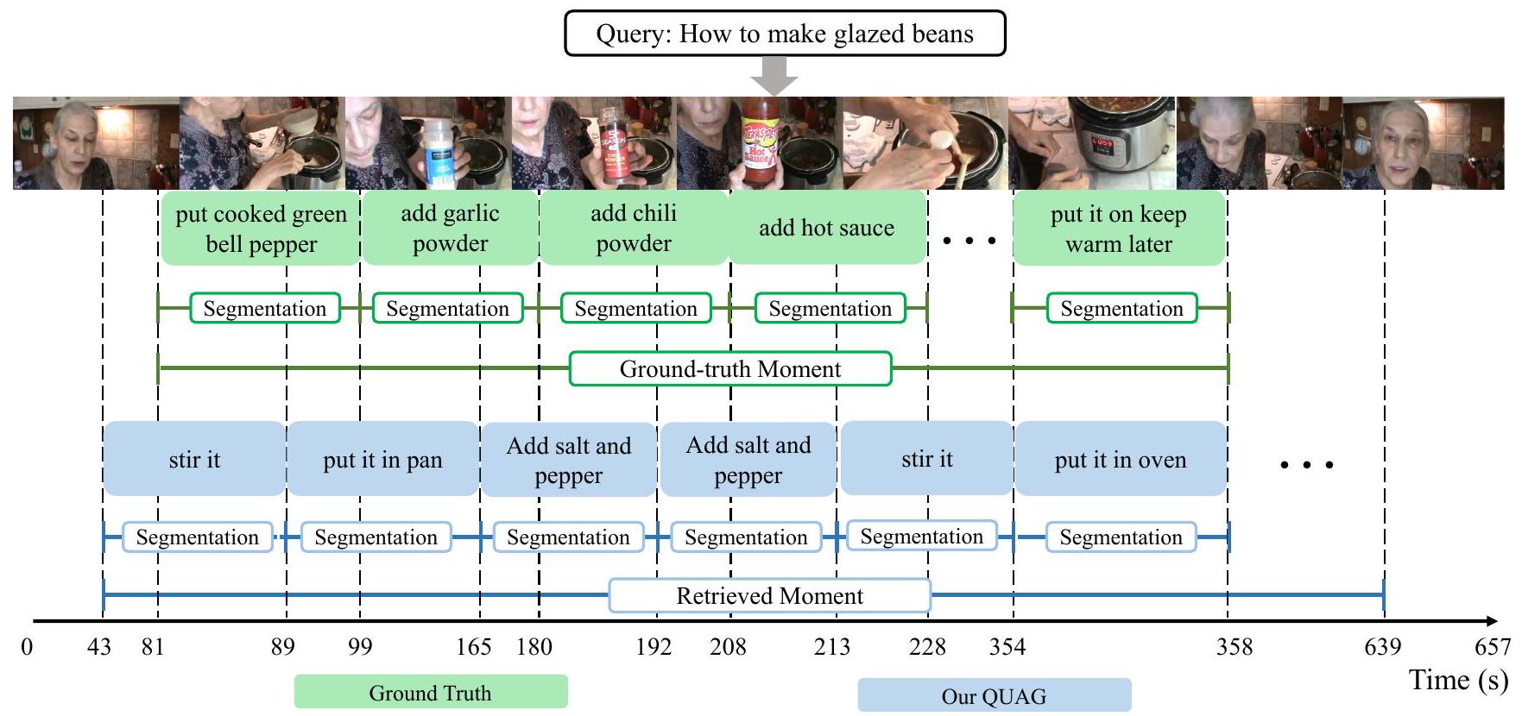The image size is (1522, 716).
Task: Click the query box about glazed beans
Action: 785,34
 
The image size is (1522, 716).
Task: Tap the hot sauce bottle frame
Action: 760,143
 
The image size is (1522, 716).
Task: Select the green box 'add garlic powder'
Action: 450,229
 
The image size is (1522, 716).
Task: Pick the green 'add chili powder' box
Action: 633,229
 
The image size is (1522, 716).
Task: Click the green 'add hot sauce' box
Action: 826,229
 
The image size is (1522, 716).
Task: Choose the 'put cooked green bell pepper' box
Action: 261,229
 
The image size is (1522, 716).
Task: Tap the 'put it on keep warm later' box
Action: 1118,229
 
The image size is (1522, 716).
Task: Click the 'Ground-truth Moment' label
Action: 730,369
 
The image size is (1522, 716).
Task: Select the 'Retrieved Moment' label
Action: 769,596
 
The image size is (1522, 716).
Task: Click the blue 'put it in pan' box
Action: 382,460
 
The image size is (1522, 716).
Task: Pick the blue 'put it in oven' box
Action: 1120,460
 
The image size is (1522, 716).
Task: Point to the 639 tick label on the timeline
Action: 1382,647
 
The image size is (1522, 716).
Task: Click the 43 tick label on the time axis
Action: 99,647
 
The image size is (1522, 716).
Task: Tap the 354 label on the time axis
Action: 1007,647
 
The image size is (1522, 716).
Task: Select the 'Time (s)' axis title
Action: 1458,680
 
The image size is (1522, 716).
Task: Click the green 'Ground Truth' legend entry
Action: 431,693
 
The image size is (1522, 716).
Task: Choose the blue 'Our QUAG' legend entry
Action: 994,696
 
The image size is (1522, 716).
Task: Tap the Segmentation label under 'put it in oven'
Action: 1121,537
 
